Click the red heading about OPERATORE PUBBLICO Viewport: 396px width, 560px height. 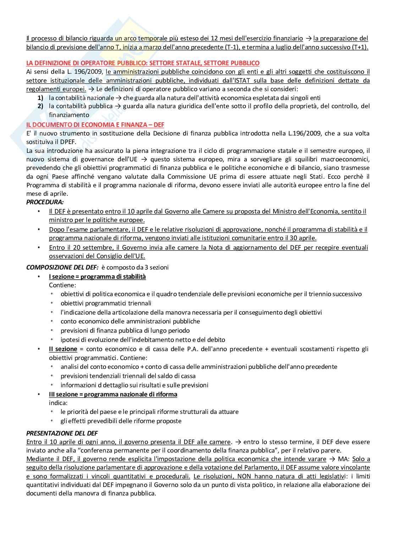click(x=143, y=63)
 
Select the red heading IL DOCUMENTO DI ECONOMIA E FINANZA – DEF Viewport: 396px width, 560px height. click(x=95, y=125)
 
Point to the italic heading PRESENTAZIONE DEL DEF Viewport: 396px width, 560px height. click(x=62, y=433)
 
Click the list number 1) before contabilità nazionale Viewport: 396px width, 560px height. click(x=40, y=98)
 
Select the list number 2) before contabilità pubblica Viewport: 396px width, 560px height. click(x=40, y=106)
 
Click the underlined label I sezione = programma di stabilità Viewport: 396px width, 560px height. click(x=97, y=277)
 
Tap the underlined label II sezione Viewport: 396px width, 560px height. click(x=63, y=349)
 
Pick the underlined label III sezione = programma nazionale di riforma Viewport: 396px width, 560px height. click(x=113, y=394)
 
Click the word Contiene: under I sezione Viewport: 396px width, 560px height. click(x=62, y=285)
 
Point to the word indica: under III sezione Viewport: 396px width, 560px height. click(x=58, y=403)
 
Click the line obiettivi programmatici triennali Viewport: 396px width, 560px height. click(x=106, y=303)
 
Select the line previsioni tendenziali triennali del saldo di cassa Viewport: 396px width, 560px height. click(x=128, y=376)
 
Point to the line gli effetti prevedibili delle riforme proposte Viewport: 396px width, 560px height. click(x=121, y=421)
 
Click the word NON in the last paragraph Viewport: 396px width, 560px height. click(x=244, y=476)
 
